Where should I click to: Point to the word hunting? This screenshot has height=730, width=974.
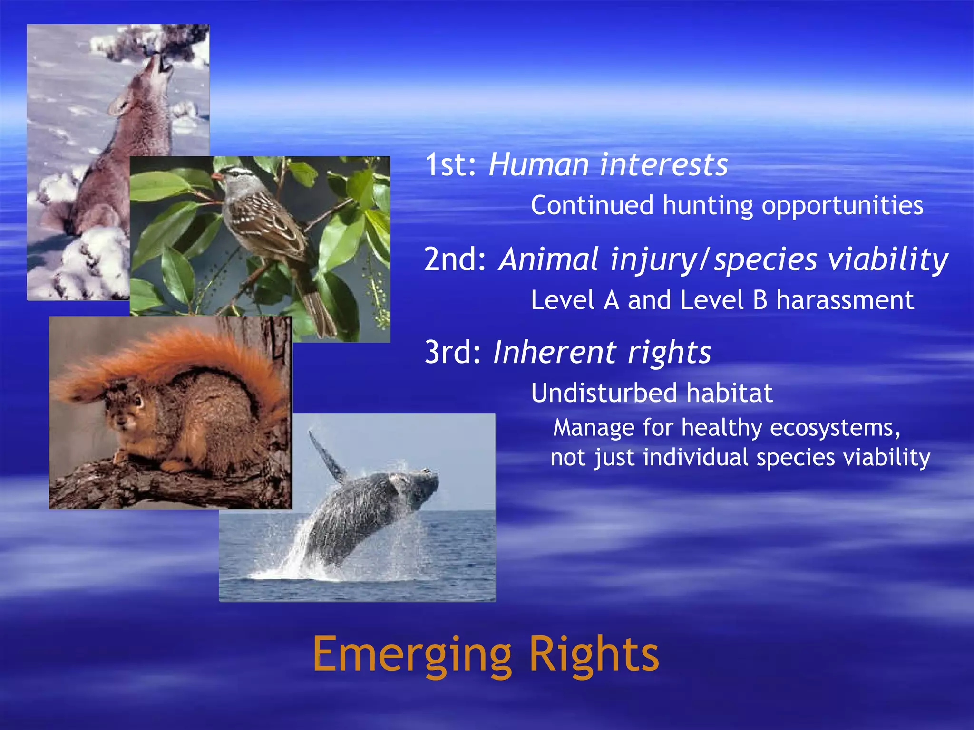(708, 206)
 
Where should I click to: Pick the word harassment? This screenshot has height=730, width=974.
(845, 300)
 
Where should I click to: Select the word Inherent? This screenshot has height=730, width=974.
(555, 353)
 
